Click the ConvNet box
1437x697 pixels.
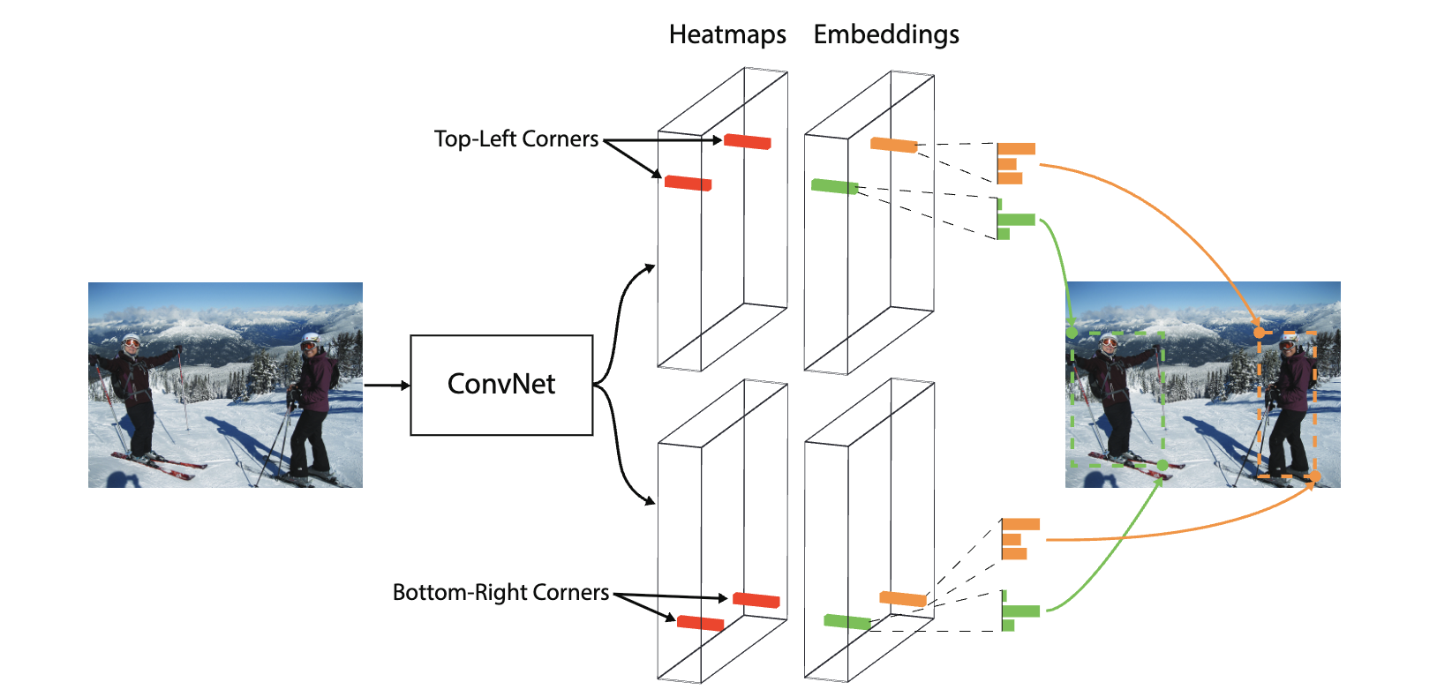click(501, 385)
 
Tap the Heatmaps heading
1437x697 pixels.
click(727, 34)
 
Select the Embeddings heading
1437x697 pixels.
click(886, 34)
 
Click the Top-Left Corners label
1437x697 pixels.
click(516, 139)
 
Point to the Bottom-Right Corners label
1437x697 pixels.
click(500, 592)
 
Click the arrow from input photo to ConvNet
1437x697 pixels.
click(387, 385)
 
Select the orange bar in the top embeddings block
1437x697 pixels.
click(893, 145)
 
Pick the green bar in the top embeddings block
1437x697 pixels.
click(834, 186)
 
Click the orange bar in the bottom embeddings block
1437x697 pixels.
click(903, 599)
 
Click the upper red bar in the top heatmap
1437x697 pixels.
click(748, 141)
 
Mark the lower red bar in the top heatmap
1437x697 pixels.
click(688, 184)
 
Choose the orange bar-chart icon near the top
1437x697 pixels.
click(1013, 163)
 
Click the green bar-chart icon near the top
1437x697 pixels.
click(1013, 220)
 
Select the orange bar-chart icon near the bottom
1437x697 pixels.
click(1018, 539)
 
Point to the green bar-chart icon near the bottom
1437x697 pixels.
click(1019, 611)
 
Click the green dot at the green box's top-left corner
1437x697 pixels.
click(1072, 333)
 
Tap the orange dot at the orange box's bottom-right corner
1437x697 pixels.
click(1314, 476)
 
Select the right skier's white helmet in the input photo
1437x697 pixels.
click(311, 338)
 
